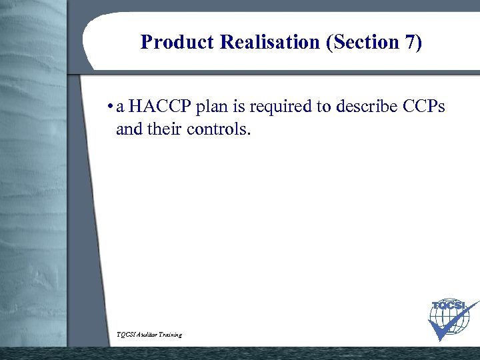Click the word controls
coord(219,128)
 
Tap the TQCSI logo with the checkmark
coord(449,318)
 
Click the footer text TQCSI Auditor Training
coord(148,335)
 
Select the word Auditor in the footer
coord(148,335)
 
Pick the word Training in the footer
coord(170,335)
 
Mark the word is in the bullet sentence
coord(238,107)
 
